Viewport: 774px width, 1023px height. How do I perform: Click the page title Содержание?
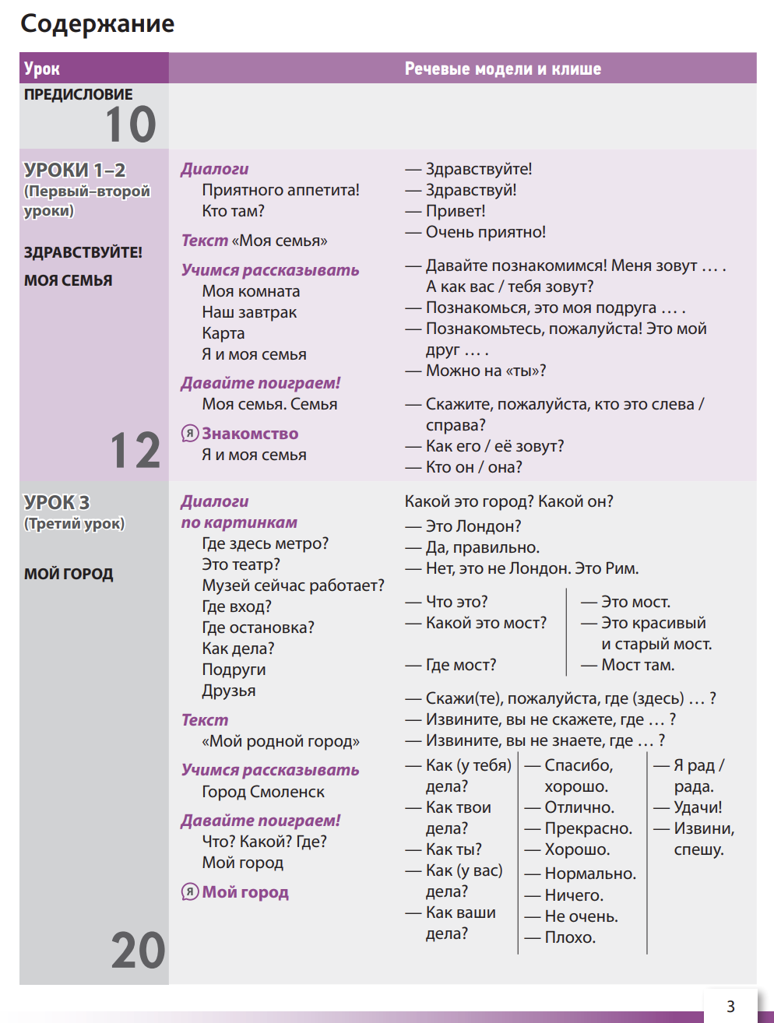click(x=97, y=24)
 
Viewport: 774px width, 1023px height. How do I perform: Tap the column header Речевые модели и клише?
click(x=502, y=69)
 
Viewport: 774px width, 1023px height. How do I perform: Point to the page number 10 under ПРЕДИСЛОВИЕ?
click(x=131, y=125)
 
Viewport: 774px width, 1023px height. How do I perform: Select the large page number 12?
click(x=135, y=451)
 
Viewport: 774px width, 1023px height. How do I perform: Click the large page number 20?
click(x=138, y=951)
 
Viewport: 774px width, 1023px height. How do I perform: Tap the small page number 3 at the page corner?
click(x=730, y=1006)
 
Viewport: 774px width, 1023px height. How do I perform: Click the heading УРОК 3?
click(x=57, y=502)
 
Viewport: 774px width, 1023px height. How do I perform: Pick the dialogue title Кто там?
click(x=233, y=211)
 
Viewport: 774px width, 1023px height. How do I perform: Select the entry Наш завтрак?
click(x=249, y=312)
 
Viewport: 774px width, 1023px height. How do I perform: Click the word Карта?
click(x=223, y=333)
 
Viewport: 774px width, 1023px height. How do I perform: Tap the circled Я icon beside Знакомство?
click(x=189, y=434)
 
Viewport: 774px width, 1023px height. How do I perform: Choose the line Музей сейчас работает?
click(x=293, y=585)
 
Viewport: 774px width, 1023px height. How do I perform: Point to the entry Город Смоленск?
click(x=263, y=792)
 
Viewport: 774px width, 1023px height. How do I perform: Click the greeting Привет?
click(x=455, y=211)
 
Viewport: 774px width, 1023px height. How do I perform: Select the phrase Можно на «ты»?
click(x=485, y=371)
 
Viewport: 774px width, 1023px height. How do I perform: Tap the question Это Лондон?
click(x=473, y=527)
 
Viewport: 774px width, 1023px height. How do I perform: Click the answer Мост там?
click(x=637, y=665)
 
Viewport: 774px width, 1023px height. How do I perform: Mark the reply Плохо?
click(x=569, y=937)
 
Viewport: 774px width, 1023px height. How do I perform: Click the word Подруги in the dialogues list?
click(x=234, y=670)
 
